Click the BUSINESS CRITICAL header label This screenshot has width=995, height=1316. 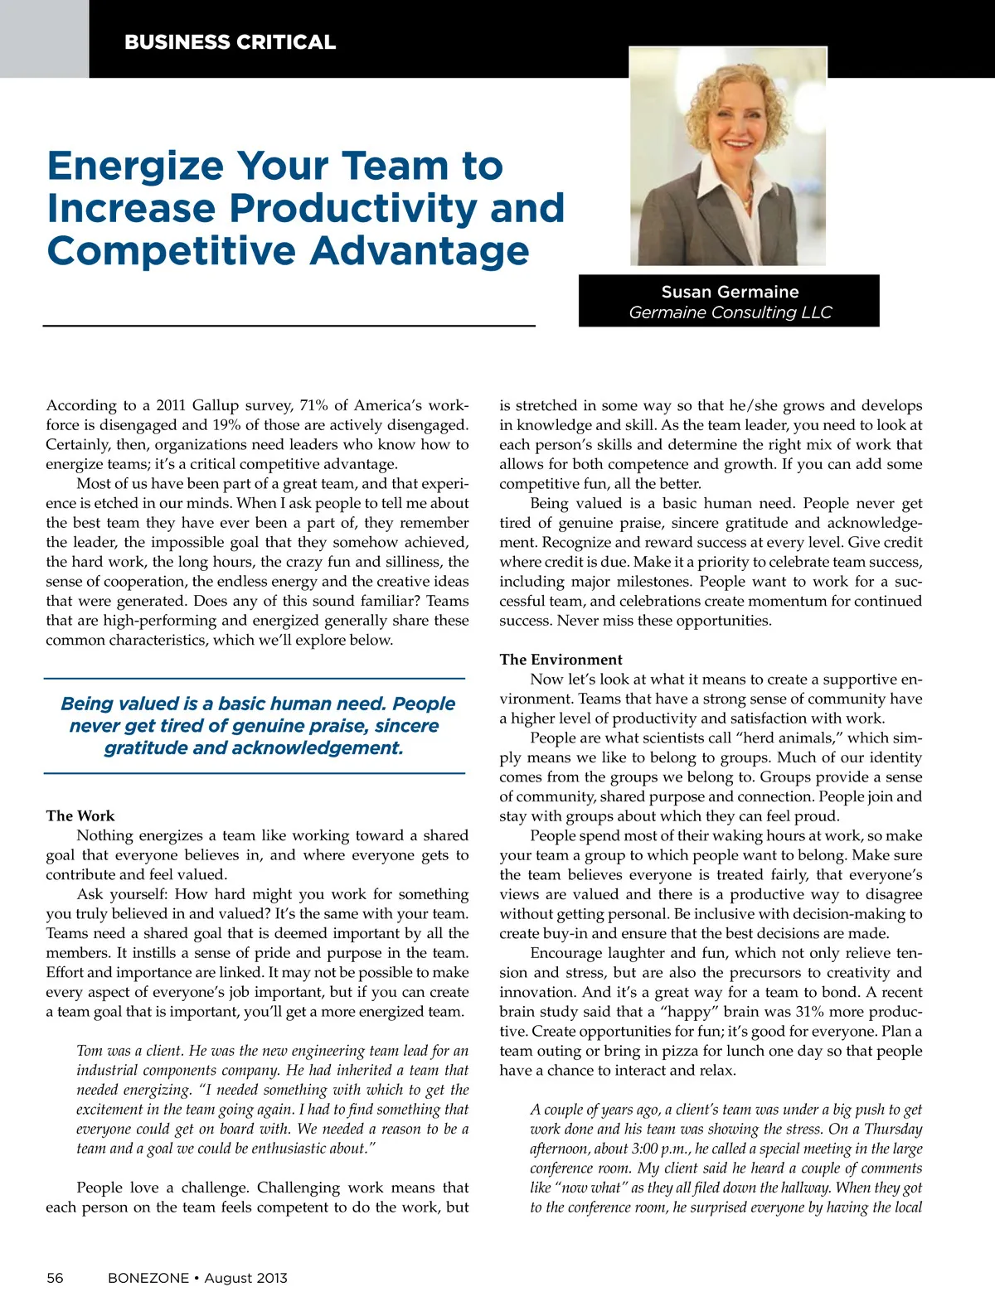(230, 42)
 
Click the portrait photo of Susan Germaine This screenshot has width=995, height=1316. (727, 156)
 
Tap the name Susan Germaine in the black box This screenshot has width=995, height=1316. (730, 292)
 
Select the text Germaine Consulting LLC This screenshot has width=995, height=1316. (730, 312)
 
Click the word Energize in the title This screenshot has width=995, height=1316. (135, 167)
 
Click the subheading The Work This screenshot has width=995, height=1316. (80, 816)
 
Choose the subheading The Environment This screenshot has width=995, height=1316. (561, 660)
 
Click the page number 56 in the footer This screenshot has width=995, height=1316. (55, 1278)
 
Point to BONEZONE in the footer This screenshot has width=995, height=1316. (148, 1278)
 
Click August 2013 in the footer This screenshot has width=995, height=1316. (246, 1278)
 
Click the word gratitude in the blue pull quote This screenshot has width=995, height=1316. (146, 748)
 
